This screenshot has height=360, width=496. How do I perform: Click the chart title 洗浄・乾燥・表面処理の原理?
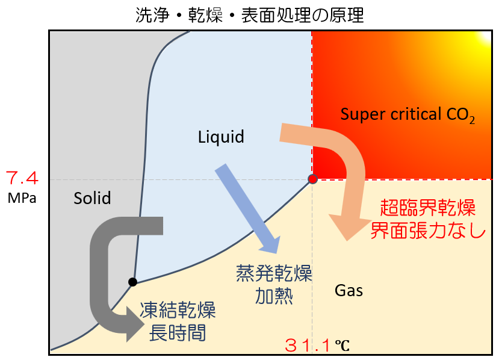point(249,14)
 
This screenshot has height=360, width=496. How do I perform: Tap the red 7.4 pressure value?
point(22,179)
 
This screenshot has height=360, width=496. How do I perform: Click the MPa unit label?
point(22,197)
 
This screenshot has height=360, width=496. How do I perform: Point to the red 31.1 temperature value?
point(308,346)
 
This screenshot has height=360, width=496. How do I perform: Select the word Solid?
point(92,197)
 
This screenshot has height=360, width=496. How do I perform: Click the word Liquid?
point(221,137)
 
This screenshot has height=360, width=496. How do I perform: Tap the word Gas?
point(349,291)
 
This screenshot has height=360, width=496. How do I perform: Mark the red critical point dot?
point(312,179)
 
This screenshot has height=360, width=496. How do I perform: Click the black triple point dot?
point(132,282)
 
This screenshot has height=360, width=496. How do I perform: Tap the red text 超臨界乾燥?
point(428,209)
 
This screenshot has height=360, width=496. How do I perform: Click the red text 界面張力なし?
point(428,231)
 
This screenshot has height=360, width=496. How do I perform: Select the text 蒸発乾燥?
point(274,275)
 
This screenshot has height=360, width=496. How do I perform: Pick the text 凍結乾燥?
point(178,311)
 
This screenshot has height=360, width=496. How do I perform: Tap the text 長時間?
point(178,332)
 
